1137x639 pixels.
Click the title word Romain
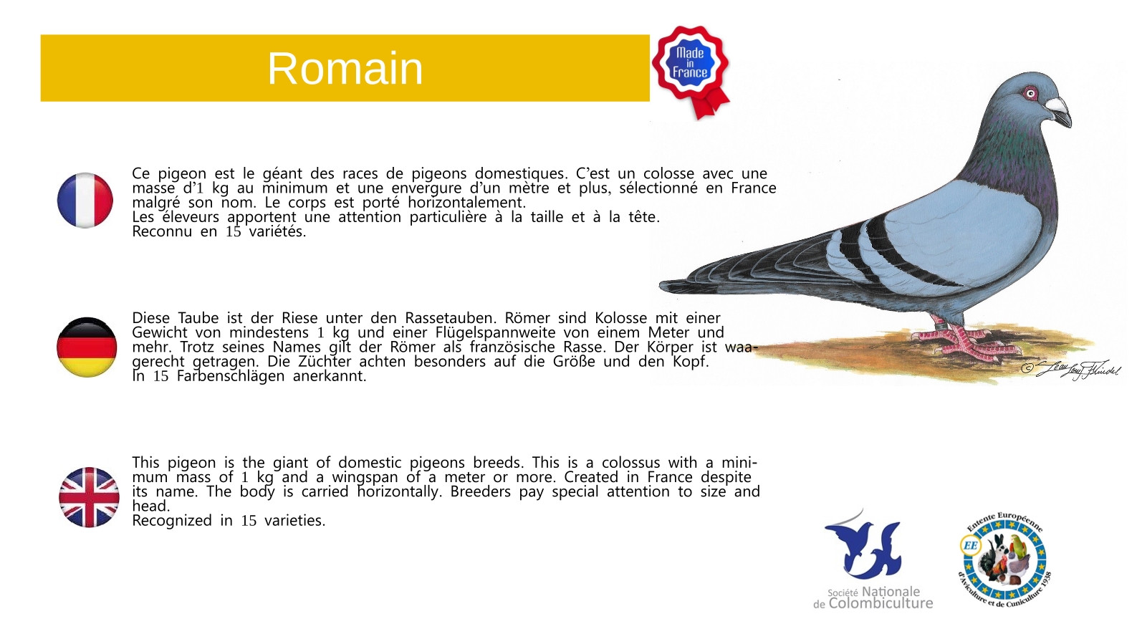coord(345,69)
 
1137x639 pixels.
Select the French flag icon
coord(85,200)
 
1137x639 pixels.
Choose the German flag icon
coord(87,347)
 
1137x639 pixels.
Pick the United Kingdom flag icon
coord(89,497)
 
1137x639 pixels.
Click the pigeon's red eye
coord(1031,93)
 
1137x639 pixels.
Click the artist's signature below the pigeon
coord(1070,369)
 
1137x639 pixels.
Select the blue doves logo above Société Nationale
coord(863,546)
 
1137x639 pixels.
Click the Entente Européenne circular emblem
coord(1004,559)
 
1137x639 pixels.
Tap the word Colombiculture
coord(881,603)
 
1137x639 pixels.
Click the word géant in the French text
coord(282,174)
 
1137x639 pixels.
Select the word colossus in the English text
coord(631,463)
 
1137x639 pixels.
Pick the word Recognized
coord(172,521)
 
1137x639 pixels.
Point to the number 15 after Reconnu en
coord(233,232)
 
